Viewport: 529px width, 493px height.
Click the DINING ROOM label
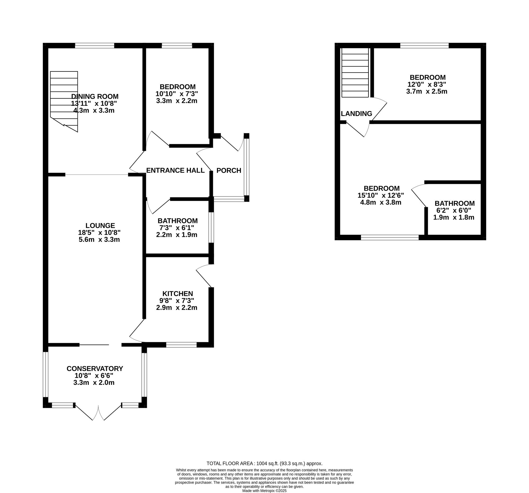coord(95,96)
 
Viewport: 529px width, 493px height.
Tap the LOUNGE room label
coord(100,225)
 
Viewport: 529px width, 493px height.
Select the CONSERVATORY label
coord(95,368)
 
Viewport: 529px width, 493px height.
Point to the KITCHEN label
coord(177,293)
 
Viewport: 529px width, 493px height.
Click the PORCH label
coord(229,170)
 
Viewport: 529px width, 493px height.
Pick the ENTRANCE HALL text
coord(175,170)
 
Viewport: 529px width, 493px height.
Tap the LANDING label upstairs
coord(356,114)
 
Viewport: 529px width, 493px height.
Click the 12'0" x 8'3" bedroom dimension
coord(427,84)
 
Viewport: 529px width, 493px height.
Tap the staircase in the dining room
coord(64,98)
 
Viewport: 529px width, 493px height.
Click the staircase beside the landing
coord(355,73)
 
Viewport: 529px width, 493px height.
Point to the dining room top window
coord(94,46)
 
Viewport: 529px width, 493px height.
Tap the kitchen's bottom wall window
coord(181,345)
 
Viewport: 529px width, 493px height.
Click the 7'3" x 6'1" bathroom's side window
coord(211,227)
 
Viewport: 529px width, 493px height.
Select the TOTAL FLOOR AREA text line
coord(264,463)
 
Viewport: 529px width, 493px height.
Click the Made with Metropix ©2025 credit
coord(264,491)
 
